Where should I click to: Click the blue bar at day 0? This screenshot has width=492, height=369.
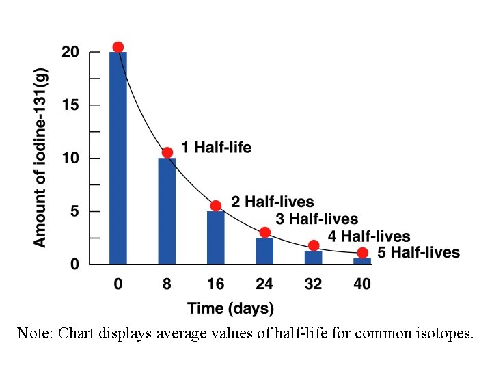(118, 158)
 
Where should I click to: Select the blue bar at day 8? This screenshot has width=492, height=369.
(167, 211)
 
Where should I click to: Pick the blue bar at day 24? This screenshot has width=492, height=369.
(264, 251)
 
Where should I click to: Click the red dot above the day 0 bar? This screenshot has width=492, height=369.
(118, 47)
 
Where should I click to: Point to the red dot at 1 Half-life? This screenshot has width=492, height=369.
(167, 152)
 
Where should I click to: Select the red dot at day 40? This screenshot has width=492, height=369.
(362, 253)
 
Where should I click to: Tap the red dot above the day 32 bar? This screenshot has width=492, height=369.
(314, 245)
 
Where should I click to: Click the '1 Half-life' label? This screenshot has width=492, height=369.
(216, 147)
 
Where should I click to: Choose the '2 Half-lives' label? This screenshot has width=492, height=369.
(273, 202)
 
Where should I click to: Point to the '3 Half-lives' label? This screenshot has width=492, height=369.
(316, 219)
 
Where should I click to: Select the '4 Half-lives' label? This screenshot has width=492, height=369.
(368, 236)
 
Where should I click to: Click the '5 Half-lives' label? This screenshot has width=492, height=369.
(418, 253)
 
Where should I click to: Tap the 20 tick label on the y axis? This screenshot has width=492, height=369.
(70, 53)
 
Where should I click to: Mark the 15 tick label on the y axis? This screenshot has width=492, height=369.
(70, 105)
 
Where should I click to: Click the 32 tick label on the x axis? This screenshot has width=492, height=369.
(313, 284)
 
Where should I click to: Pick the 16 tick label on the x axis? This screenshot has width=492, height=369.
(216, 284)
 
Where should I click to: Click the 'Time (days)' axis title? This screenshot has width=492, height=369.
(230, 308)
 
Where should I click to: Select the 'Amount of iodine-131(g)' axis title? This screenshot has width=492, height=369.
(40, 157)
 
